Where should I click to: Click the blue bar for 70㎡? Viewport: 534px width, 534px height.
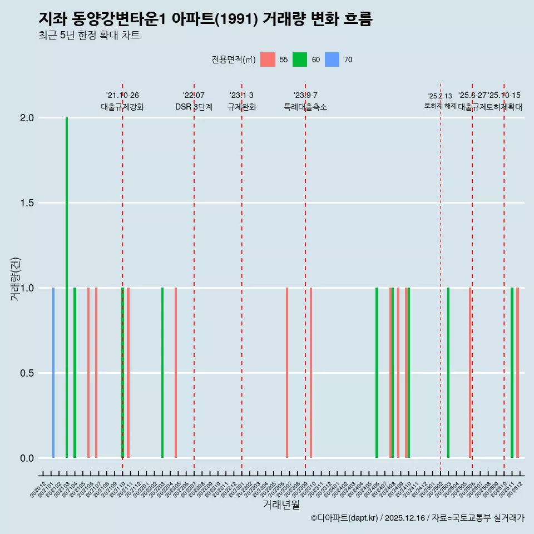[x=53, y=373]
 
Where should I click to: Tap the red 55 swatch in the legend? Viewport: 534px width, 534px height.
[x=268, y=60]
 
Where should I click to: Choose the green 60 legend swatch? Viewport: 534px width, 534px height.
[x=300, y=60]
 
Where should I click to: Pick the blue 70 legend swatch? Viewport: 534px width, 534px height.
[x=332, y=60]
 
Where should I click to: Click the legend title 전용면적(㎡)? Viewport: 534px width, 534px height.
[x=233, y=60]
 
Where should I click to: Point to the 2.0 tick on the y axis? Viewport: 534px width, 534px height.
[x=27, y=118]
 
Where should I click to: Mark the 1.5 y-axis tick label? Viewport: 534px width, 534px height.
[x=27, y=203]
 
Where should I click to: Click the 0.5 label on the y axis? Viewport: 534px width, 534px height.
[x=27, y=373]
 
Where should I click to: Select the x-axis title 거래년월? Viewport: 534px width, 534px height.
[x=281, y=505]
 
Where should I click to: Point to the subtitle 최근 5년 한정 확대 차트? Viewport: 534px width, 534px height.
[x=89, y=36]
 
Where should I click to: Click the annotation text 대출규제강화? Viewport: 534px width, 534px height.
[x=122, y=107]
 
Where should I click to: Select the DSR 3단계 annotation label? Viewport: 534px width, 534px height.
[x=194, y=107]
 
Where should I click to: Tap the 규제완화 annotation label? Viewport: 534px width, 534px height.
[x=241, y=107]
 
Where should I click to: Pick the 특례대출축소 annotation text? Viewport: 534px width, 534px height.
[x=305, y=107]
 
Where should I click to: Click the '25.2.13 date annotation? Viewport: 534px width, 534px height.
[x=440, y=96]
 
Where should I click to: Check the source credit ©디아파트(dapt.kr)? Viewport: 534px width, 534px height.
[x=345, y=518]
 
